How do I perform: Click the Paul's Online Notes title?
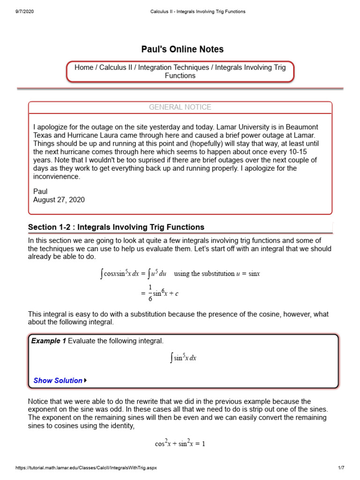(182, 49)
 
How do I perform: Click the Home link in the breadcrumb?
(84, 67)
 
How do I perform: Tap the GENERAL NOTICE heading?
(180, 107)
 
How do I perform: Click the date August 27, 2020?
(59, 200)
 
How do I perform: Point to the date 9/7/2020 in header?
(24, 11)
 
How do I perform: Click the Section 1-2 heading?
(116, 227)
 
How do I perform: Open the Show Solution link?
(58, 381)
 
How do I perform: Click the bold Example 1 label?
(48, 341)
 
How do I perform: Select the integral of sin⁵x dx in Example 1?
(183, 358)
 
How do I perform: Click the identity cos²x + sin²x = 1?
(180, 443)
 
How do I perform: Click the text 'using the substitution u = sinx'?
(217, 274)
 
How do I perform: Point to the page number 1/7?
(341, 468)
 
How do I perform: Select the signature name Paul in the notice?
(41, 191)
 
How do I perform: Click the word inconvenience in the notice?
(57, 177)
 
